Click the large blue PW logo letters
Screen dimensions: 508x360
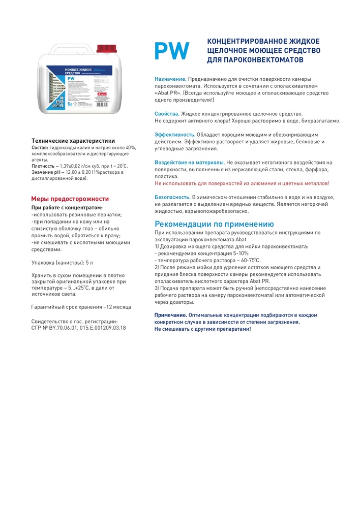coord(172,51)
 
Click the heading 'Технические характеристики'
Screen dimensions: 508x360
coord(73,141)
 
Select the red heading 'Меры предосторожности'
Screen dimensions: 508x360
coord(70,199)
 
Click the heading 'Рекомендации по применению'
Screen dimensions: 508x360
coord(214,224)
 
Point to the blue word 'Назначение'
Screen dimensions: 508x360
coord(170,79)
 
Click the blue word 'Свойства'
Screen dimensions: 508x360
coord(166,113)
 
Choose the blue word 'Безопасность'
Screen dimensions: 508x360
coord(172,196)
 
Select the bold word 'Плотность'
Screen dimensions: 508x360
coord(43,166)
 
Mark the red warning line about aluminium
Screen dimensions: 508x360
coord(242,183)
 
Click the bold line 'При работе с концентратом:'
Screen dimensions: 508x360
coord(67,207)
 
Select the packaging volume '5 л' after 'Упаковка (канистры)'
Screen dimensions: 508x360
coord(89,262)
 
